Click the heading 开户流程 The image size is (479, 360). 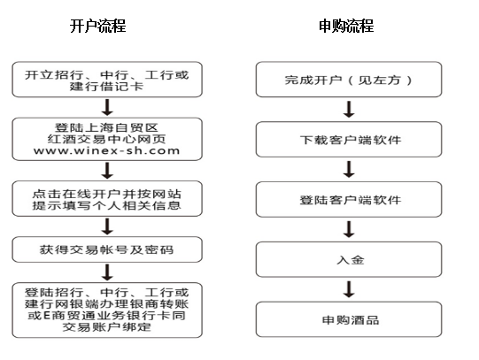pos(97,26)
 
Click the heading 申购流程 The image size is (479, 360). pos(346,26)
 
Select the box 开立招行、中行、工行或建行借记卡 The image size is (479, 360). pos(107,80)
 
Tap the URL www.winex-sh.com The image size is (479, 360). pos(106,150)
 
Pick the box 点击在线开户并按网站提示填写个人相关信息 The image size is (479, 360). pos(107,199)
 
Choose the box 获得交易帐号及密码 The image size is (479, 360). pos(107,249)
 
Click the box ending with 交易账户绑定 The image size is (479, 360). pos(107,310)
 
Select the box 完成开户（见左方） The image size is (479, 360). pos(349,80)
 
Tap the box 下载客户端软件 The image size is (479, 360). pos(349,140)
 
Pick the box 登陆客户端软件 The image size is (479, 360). pos(349,200)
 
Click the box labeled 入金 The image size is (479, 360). pos(349,260)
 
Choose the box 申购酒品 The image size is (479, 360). pos(349,319)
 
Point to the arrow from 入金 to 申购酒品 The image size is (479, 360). pos(349,289)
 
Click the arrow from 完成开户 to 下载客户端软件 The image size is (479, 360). pos(349,109)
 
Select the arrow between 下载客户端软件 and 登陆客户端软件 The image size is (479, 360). pos(349,169)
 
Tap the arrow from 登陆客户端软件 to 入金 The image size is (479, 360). pos(349,229)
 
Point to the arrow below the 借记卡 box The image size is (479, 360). pos(107,107)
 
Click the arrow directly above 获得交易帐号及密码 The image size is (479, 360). pos(107,226)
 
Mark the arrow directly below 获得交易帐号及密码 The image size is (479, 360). pos(107,272)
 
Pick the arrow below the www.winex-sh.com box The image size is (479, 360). pos(107,171)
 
